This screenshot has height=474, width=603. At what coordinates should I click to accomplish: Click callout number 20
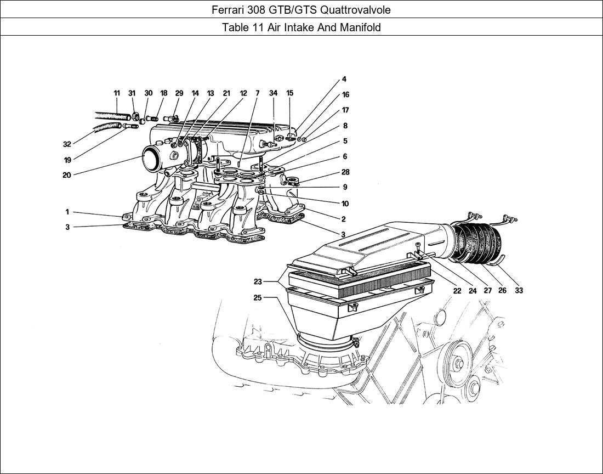[66, 175]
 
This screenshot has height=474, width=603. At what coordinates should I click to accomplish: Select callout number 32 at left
[67, 144]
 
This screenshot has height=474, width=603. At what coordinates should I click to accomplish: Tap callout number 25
[257, 298]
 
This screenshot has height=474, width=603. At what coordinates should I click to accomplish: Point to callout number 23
[257, 282]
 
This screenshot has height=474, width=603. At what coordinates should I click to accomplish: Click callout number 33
[519, 290]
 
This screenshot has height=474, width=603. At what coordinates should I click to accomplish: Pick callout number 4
[344, 80]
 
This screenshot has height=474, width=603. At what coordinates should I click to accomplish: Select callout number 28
[345, 172]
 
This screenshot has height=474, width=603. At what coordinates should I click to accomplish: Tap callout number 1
[67, 212]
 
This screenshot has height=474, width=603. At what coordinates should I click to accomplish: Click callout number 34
[273, 93]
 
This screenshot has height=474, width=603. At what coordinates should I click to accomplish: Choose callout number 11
[117, 93]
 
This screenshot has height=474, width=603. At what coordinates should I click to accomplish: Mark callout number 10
[345, 204]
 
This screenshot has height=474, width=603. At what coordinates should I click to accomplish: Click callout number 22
[457, 290]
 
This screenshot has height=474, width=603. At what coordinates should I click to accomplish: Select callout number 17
[345, 110]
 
